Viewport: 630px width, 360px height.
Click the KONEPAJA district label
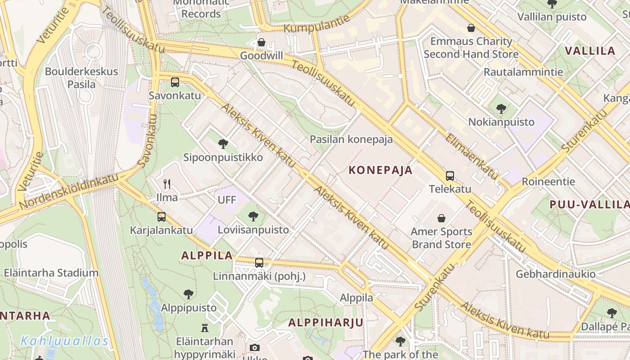tap(381, 170)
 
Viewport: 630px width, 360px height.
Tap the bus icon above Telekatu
tap(450, 176)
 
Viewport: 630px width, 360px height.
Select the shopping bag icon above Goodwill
tap(261, 43)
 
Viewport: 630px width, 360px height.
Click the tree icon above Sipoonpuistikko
tap(222, 144)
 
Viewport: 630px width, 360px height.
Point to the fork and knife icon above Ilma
tap(167, 184)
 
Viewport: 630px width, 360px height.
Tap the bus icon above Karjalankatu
tap(162, 217)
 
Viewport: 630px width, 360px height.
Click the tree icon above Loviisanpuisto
tap(253, 216)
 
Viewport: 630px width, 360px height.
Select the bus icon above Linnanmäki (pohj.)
tap(259, 263)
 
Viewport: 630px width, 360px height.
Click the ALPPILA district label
tap(207, 256)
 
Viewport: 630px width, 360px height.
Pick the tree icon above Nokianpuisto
tap(501, 109)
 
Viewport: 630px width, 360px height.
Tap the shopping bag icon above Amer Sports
tap(441, 219)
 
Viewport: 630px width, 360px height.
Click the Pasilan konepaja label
tap(351, 139)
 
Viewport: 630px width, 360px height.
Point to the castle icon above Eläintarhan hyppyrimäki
tap(205, 328)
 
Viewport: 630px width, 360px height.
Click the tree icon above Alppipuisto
tap(189, 295)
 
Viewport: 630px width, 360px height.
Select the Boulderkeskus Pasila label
tap(81, 78)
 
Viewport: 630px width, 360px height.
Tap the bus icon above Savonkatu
tap(175, 82)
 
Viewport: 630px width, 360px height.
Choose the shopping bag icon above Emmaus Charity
tap(471, 28)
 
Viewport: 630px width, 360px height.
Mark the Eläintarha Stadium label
tap(51, 273)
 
